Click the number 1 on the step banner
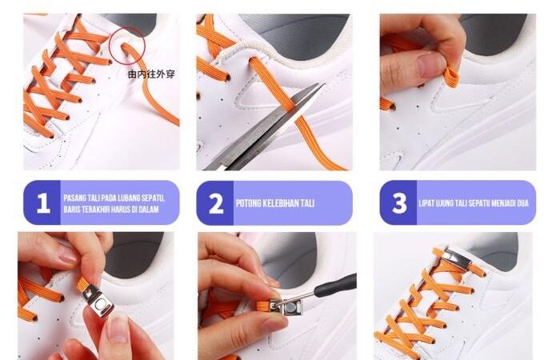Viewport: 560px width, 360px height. [x=43, y=203]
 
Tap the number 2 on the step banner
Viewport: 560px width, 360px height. [x=216, y=203]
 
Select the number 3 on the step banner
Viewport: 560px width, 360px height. [x=399, y=203]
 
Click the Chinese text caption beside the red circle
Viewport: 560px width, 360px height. [x=151, y=74]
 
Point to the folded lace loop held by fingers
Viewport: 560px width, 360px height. [x=451, y=78]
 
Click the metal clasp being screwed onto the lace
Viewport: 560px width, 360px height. [x=286, y=306]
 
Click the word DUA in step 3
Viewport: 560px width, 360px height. [x=522, y=203]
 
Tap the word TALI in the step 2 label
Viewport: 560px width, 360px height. [x=307, y=203]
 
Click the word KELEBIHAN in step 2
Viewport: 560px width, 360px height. [x=281, y=203]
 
